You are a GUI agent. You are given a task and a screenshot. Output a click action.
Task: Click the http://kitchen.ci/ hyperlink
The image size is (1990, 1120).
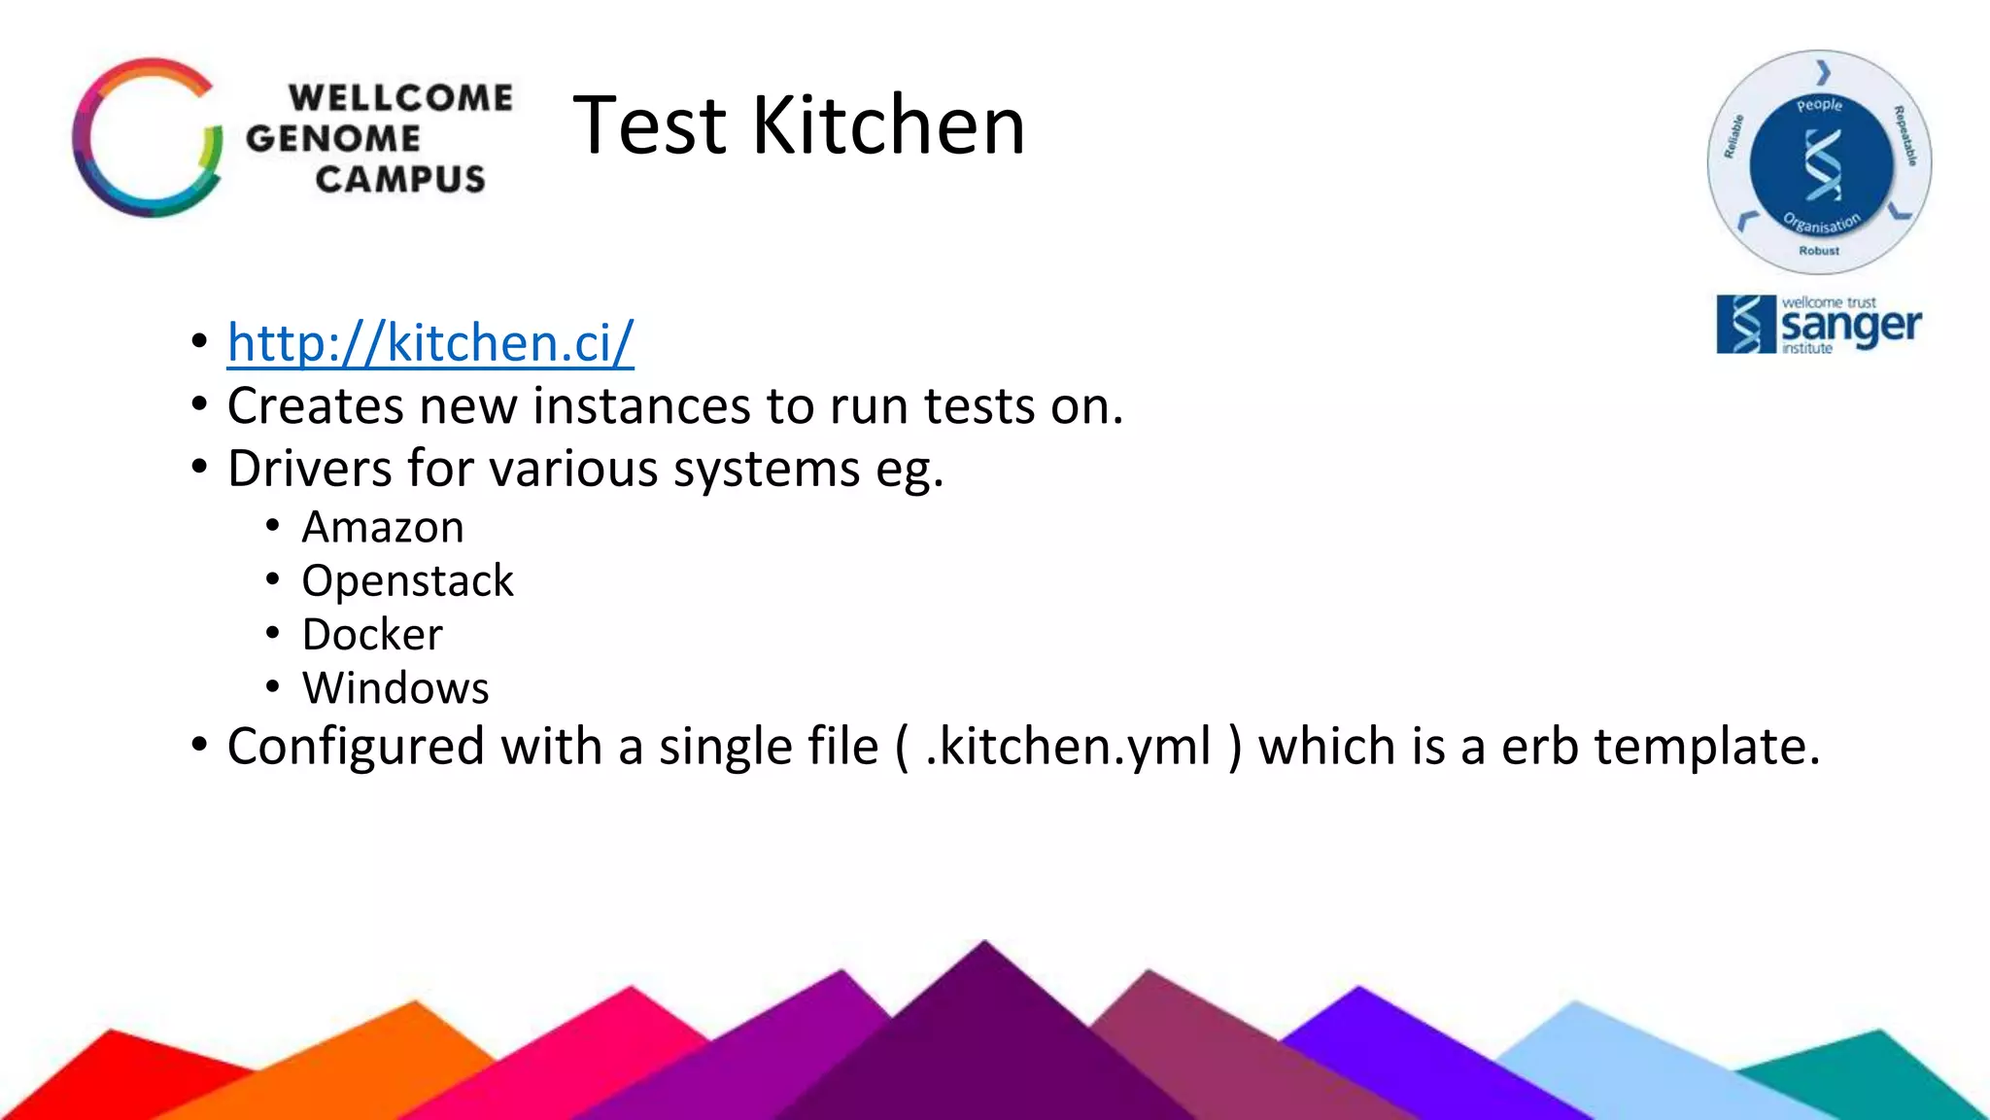[430, 343]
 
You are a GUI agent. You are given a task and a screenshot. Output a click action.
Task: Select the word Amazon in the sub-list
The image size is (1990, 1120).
[383, 528]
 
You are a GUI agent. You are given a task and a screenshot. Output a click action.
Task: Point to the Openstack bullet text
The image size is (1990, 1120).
[407, 581]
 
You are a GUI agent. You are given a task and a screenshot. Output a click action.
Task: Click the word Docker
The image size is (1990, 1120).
[372, 635]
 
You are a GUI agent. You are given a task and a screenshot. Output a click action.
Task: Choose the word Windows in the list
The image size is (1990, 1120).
[395, 688]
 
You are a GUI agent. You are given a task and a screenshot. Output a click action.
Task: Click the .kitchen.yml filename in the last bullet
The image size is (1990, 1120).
[1068, 747]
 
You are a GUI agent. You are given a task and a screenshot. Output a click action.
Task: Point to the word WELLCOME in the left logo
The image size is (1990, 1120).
[400, 97]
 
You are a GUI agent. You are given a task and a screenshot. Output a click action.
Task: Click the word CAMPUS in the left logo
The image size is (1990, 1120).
[400, 179]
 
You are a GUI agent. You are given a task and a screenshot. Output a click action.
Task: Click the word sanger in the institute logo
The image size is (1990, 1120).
[1850, 327]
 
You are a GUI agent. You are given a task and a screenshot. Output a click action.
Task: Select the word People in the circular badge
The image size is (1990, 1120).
[1819, 105]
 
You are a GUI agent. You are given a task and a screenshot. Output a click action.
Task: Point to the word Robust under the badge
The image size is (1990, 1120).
[1819, 251]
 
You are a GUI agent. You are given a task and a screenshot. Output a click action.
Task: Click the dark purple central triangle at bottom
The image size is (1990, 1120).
[983, 1040]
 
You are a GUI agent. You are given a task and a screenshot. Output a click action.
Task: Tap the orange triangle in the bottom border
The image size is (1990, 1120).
[389, 1050]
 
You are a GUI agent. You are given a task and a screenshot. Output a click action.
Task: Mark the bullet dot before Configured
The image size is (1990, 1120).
[199, 746]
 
